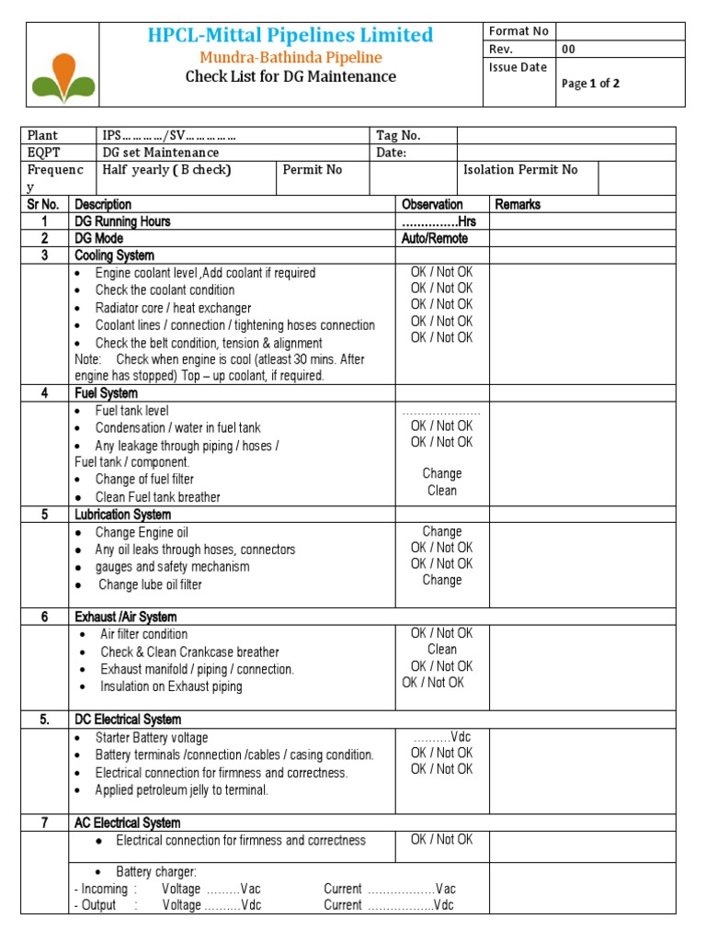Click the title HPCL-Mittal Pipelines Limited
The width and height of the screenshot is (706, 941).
pos(290,36)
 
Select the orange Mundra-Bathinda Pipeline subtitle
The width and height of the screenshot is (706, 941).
pos(290,57)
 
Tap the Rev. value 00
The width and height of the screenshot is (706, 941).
pos(569,50)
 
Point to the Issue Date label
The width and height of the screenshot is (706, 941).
pos(518,67)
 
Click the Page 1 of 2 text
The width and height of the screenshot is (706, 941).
pos(590,84)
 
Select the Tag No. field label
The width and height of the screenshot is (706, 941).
pos(398,135)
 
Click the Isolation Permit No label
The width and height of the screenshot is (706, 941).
pos(520,170)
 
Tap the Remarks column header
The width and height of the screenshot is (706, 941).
pos(518,204)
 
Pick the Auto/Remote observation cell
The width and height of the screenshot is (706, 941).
pos(435,239)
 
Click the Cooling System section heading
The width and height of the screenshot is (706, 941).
pos(114,255)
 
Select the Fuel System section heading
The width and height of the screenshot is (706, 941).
pos(106,393)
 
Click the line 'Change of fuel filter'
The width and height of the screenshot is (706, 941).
pos(144,480)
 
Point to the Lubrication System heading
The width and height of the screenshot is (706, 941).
pos(122,515)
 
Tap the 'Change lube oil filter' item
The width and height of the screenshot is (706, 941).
pos(150,584)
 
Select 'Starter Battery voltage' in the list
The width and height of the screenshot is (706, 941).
pos(152,738)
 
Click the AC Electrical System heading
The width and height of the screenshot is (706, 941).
pos(127,823)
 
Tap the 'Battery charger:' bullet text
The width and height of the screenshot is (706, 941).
pos(156,872)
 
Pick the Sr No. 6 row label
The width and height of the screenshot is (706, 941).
pos(44,618)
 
